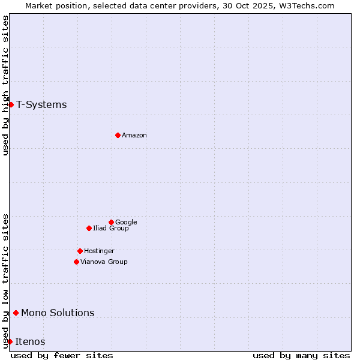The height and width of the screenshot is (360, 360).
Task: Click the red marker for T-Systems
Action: click(11, 105)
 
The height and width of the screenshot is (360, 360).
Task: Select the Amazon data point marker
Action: click(118, 135)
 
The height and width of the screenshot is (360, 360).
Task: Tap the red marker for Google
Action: click(111, 222)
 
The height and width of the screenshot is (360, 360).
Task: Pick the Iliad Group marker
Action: click(89, 228)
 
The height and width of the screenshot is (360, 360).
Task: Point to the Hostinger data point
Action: click(80, 251)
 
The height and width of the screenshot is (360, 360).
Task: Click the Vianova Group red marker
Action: click(76, 262)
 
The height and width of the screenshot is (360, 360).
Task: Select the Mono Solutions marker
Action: click(16, 313)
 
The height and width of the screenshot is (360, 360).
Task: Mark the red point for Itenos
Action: click(10, 341)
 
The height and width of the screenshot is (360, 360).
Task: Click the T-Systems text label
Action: click(41, 105)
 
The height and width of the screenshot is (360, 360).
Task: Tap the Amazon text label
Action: click(134, 136)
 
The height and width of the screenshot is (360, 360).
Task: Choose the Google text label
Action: click(126, 223)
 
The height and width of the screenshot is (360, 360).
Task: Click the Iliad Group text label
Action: click(111, 229)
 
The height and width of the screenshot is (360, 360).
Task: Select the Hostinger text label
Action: click(99, 251)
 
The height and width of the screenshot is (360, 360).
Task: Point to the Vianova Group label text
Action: click(104, 262)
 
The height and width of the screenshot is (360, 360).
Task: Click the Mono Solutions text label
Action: click(58, 313)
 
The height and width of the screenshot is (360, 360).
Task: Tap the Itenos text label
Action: click(30, 342)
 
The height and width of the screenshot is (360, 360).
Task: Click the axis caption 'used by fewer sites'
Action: click(62, 355)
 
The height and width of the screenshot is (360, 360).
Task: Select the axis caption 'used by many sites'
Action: click(301, 355)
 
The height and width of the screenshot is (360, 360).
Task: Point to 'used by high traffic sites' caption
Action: click(5, 85)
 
